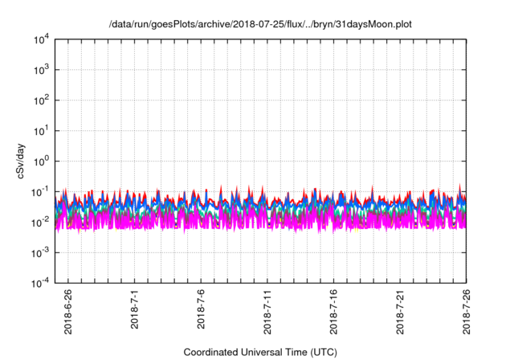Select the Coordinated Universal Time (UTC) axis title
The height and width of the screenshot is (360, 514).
point(260,352)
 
